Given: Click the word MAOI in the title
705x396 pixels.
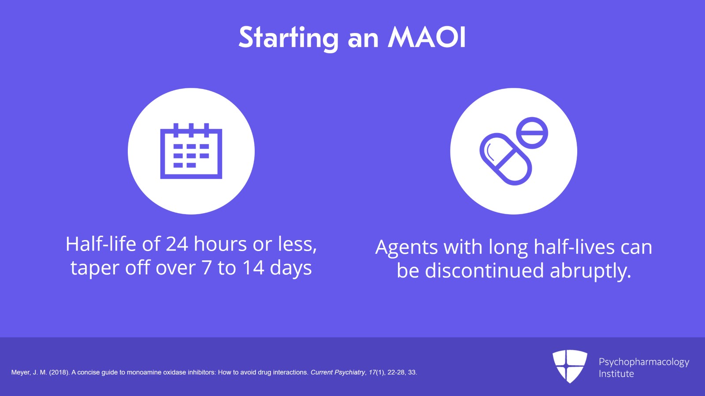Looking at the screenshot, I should tap(427, 37).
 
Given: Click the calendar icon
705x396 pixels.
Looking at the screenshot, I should tap(191, 151).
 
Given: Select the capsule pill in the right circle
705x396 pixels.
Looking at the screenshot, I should tap(505, 159).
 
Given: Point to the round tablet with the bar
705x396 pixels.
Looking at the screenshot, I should tap(532, 133).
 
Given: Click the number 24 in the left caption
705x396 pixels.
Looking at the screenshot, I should tap(177, 244).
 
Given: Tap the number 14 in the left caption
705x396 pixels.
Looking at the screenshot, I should tap(253, 268).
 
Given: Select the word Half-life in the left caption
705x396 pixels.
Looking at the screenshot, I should tap(101, 244).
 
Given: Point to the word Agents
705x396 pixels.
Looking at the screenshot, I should tap(407, 248).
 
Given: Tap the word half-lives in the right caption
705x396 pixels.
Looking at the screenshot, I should tap(574, 247).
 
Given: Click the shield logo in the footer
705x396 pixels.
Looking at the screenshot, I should tap(570, 366).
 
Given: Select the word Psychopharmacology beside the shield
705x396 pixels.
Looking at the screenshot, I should tap(643, 362).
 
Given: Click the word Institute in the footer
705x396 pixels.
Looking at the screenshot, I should tap(616, 374).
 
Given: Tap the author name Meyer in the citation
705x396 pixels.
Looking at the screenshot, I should tap(20, 373).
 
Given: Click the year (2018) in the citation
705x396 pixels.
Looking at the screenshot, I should tap(59, 373).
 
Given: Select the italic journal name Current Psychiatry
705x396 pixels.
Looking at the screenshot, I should tap(338, 373).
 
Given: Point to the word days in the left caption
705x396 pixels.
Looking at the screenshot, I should tap(290, 268).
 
